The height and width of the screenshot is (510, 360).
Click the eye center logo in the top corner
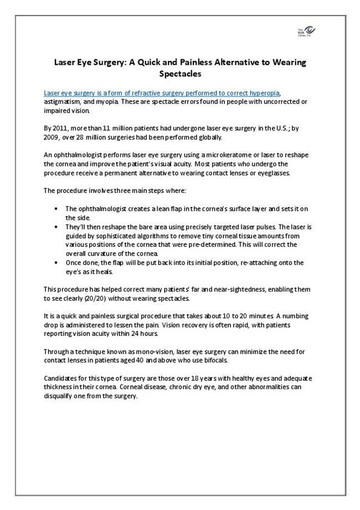point(306,32)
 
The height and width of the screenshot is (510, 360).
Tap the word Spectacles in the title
point(180,73)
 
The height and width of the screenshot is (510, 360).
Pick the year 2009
point(52,137)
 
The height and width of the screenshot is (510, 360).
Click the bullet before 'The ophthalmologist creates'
point(58,208)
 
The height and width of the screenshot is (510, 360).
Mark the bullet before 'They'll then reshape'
point(58,227)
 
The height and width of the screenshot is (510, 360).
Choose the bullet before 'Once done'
point(58,263)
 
